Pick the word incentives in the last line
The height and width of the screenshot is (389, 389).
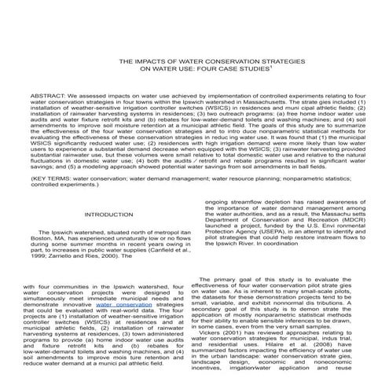click(218, 386)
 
